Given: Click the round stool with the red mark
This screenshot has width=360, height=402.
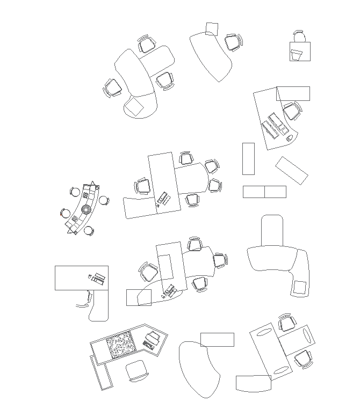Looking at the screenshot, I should tap(66, 213).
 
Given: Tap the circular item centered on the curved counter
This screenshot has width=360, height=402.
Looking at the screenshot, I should tap(86, 209).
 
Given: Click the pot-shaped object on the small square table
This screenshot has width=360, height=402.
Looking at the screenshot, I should tap(297, 54).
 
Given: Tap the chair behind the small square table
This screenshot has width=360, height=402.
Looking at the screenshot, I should tap(299, 37).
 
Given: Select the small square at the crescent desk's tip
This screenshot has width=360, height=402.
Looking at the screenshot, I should tap(212, 28).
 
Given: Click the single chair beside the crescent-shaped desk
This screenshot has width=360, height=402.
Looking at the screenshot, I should tap(233, 42).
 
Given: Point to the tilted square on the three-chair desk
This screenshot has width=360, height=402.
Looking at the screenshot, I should tap(134, 106).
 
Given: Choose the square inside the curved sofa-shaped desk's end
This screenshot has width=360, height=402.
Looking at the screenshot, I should tap(300, 288).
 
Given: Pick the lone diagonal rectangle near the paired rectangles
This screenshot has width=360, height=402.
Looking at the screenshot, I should tap(292, 170).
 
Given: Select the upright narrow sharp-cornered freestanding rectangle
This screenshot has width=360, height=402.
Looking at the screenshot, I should tap(248, 158).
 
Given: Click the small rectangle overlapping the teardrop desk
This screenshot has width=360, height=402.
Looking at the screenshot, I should tap(217, 339).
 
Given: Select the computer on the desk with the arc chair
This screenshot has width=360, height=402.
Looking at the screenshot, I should tap(97, 278).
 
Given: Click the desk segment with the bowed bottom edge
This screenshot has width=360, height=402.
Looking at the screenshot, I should tap(253, 383).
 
